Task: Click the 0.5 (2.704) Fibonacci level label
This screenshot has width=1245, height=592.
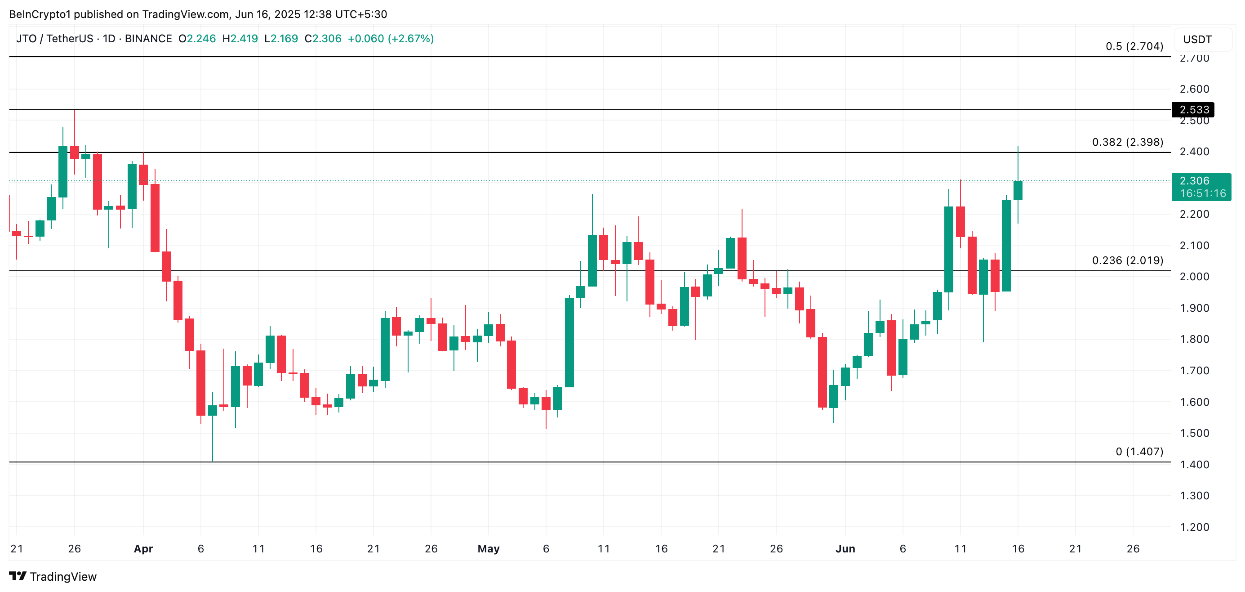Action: point(1134,46)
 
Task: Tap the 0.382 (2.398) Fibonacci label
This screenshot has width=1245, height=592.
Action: point(1127,142)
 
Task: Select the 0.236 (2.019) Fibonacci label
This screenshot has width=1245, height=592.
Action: point(1127,261)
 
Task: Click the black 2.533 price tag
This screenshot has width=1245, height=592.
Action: point(1193,110)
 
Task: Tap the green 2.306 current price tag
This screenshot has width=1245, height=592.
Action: point(1201,187)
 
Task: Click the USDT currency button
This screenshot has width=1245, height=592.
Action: point(1197,40)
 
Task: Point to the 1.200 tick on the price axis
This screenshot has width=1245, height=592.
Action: point(1194,527)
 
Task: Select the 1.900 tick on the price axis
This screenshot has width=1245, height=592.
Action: point(1194,308)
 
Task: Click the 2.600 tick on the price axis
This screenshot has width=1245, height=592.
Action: point(1194,89)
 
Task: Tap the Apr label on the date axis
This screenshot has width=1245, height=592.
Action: point(143,549)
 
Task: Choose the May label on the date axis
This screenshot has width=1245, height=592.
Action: point(488,549)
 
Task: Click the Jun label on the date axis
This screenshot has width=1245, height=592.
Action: point(845,549)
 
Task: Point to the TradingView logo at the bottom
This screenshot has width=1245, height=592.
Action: point(53,577)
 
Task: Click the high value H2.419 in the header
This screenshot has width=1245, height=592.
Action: point(240,39)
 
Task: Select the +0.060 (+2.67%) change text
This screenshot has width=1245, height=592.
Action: point(391,39)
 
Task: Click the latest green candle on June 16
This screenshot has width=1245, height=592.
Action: point(1018,191)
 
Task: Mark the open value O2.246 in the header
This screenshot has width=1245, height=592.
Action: point(197,39)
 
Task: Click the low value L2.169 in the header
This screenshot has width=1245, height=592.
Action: point(281,39)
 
